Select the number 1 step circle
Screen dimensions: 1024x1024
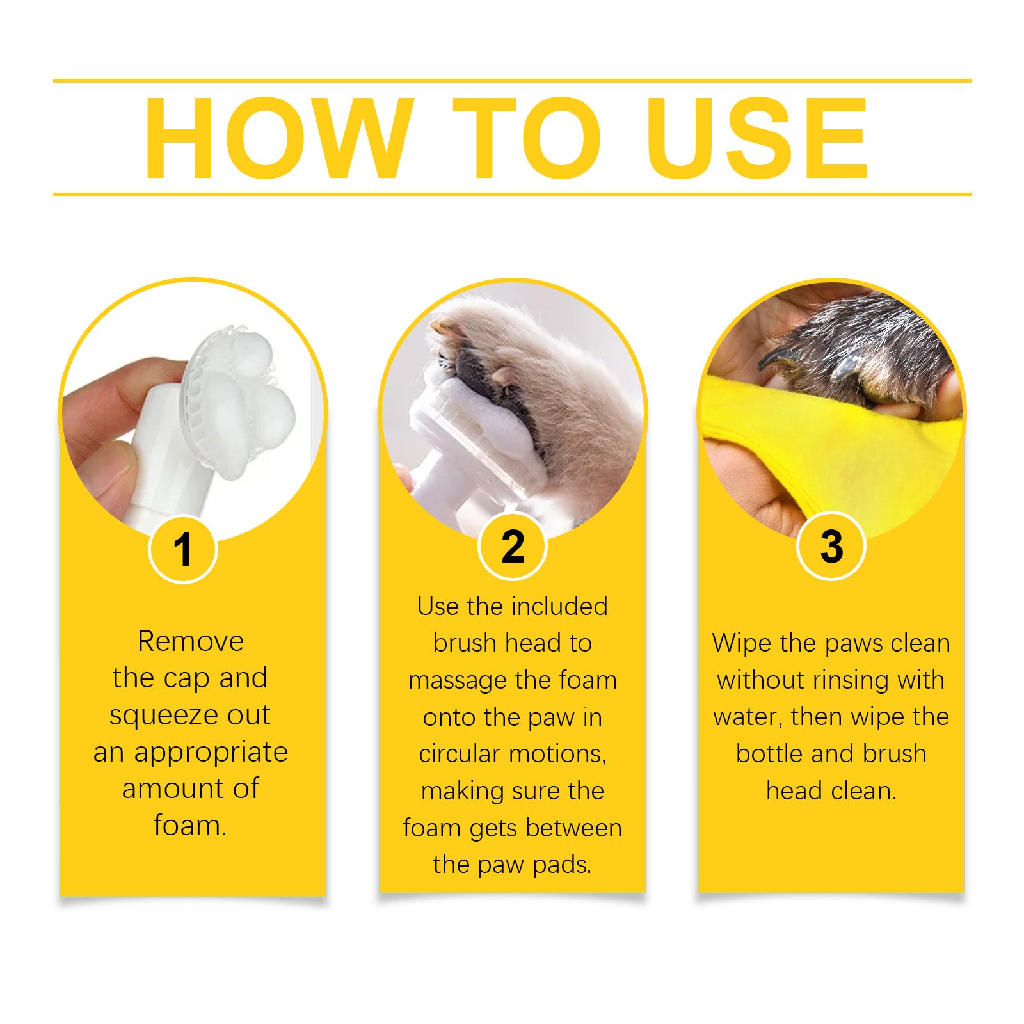point(183,549)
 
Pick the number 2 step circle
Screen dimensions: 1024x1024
point(512,547)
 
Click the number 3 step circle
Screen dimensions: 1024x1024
point(831,547)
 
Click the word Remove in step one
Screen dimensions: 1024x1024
point(191,641)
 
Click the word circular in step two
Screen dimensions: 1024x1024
point(459,754)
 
